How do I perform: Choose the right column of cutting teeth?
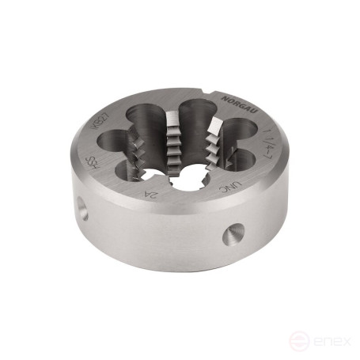pyautogui.click(x=212, y=146)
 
